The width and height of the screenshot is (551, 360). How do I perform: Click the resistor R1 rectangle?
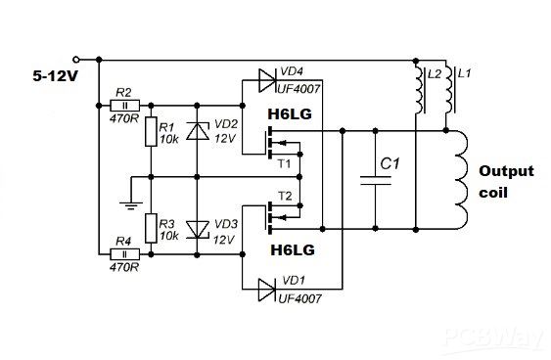152,132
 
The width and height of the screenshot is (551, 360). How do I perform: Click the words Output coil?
505,181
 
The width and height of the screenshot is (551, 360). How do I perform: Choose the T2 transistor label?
285,195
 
